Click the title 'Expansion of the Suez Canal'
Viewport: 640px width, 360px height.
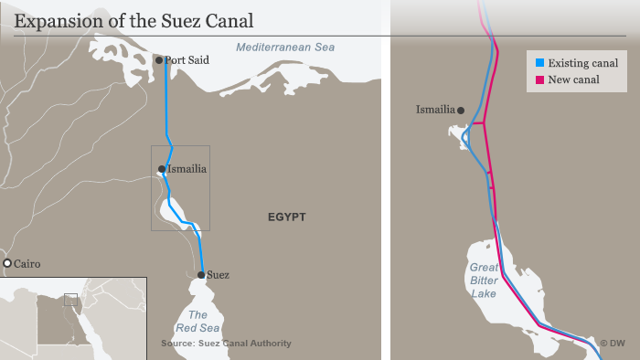pos(134,20)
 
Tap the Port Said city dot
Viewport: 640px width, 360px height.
pos(159,60)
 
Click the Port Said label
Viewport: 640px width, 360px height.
pos(187,60)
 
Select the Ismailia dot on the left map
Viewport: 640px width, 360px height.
pos(162,169)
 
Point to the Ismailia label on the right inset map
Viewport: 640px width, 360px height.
pos(435,110)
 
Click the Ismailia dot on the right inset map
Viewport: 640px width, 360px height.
pos(461,111)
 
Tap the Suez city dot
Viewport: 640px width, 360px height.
pos(200,274)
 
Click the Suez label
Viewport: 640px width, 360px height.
pos(218,274)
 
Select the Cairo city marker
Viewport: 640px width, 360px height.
pos(7,264)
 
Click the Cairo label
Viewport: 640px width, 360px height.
pos(27,264)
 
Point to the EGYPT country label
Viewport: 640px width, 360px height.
pos(286,217)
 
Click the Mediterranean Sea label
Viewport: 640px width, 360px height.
pos(285,48)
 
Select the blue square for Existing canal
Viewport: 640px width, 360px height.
pos(539,63)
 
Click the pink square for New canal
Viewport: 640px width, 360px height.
pos(539,79)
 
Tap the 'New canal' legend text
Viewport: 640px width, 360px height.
pos(574,79)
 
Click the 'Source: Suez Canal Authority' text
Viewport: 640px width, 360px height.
pos(226,344)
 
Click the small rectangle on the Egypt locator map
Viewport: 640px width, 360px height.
pos(70,299)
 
